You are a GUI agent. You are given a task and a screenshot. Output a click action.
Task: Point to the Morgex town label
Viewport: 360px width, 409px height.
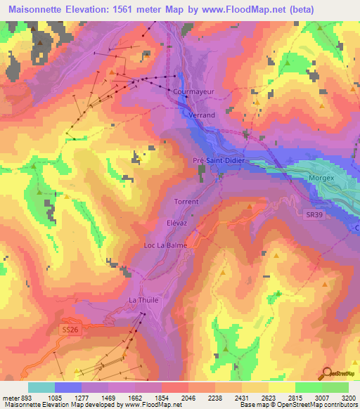point(321,178)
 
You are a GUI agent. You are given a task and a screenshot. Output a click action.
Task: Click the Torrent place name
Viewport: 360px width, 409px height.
point(186,202)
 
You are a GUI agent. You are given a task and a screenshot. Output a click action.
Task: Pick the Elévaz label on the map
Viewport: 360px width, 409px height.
point(176,221)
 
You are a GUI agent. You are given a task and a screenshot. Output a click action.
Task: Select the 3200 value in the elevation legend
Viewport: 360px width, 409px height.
point(347,397)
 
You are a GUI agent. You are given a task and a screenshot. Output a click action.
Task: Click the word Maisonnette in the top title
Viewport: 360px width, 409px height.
point(34,9)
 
